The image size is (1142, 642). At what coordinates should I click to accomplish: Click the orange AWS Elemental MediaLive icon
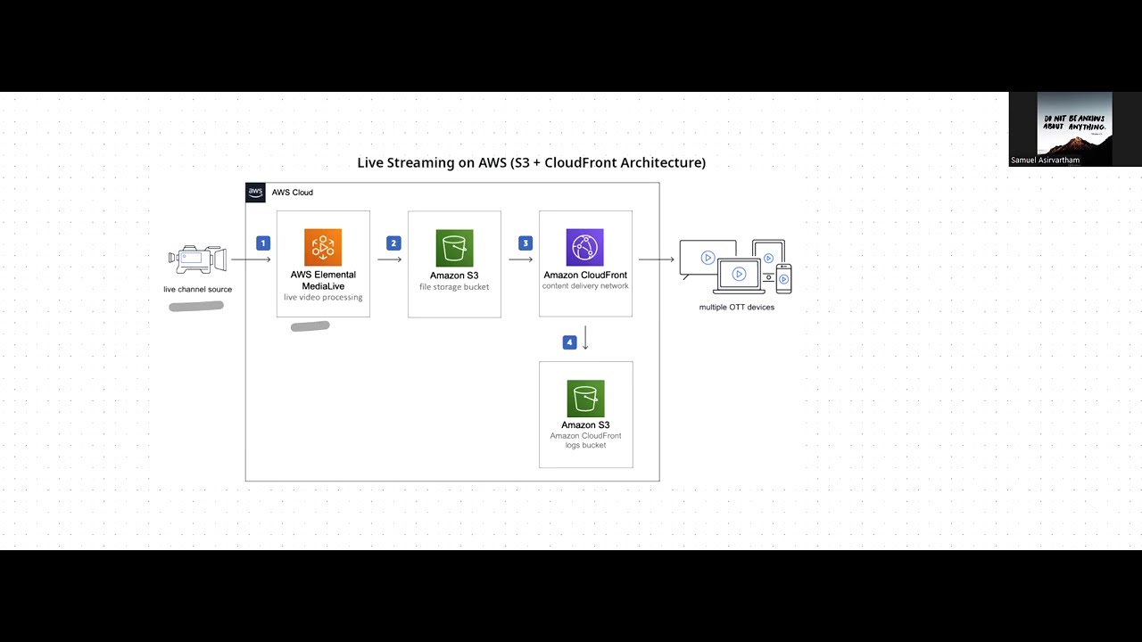point(323,247)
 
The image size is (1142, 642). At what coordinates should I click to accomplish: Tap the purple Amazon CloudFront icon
point(584,247)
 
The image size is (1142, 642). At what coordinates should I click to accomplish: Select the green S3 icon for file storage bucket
point(454,248)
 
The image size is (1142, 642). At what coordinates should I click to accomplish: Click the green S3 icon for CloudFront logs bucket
point(585,398)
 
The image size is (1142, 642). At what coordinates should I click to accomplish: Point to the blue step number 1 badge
point(262,243)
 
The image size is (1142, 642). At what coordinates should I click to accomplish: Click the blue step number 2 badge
point(393,243)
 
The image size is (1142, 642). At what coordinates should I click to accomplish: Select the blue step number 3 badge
point(525,243)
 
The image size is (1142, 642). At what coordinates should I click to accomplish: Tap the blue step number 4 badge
point(569,342)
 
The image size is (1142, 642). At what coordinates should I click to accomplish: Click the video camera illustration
point(197,259)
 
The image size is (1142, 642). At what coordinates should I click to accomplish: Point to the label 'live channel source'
point(197,289)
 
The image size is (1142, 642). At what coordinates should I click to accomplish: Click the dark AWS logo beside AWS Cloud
point(255,193)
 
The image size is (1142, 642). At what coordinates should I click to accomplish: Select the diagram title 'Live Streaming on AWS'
point(531,162)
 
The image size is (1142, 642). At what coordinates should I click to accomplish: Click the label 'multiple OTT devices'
point(736,307)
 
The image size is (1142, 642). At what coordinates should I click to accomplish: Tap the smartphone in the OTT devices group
point(783,278)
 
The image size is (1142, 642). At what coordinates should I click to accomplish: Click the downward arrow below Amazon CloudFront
point(585,338)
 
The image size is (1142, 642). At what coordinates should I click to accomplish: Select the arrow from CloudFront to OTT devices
point(656,259)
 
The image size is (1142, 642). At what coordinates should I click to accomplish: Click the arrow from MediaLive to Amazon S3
point(389,259)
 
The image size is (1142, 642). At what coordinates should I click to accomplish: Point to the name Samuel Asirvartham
point(1045,160)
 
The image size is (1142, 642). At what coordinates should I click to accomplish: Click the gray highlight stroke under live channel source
point(196,306)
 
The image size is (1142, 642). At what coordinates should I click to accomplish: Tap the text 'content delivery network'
point(585,286)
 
